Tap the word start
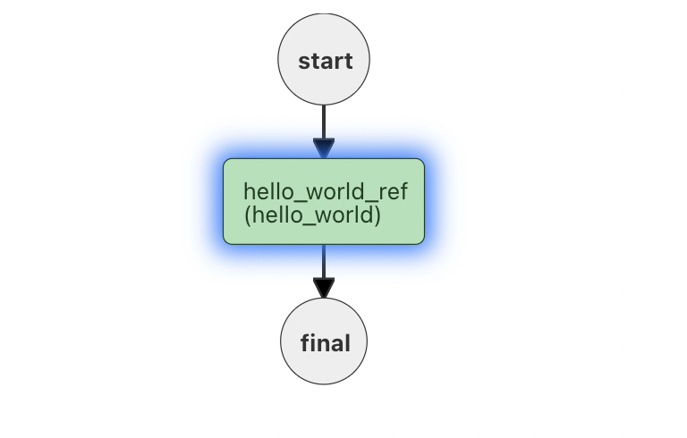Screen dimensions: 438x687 point(325,62)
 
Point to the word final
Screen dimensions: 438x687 point(325,343)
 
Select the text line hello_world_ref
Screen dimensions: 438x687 point(325,192)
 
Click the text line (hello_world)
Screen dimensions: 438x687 point(312,215)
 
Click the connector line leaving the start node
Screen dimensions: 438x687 point(324,121)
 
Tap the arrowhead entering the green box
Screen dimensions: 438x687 point(324,148)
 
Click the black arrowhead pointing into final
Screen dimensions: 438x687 point(324,288)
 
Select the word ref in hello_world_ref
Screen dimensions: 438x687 point(393,192)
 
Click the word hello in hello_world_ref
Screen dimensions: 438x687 point(267,192)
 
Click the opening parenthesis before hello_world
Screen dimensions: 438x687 point(247,215)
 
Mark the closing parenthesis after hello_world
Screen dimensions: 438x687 point(377,215)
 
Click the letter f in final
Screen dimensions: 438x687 point(305,343)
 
